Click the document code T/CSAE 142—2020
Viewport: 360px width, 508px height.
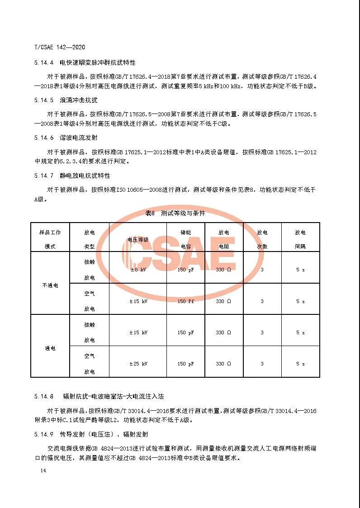(x=60, y=47)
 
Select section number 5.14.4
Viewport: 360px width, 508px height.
(x=44, y=62)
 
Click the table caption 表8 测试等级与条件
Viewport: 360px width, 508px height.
(x=175, y=213)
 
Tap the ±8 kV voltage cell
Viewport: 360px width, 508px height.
(x=138, y=270)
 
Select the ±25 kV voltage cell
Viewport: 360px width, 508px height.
(x=138, y=364)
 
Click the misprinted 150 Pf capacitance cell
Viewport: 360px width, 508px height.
(x=185, y=301)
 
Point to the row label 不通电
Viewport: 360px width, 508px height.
(x=50, y=285)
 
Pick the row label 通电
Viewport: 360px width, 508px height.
(x=50, y=348)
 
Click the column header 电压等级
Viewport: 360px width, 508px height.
(x=138, y=240)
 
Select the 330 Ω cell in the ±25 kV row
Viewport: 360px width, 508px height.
(x=223, y=364)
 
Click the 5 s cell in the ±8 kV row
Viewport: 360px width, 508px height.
(x=300, y=270)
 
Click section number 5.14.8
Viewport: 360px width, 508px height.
(x=44, y=397)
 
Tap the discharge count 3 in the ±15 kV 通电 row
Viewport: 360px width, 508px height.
(x=262, y=332)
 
